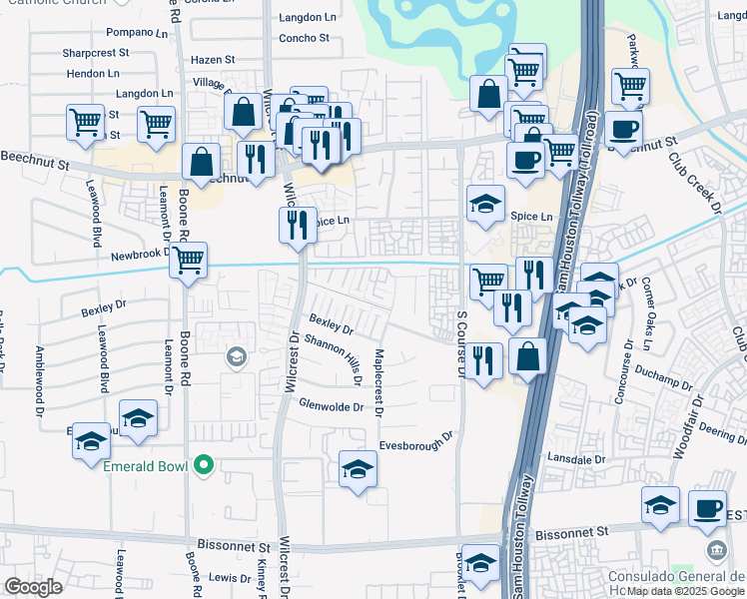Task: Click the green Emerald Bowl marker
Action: pos(205,464)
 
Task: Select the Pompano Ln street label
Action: pos(138,33)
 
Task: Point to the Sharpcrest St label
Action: pos(98,53)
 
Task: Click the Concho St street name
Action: pos(304,38)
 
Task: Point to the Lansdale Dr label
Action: pos(576,458)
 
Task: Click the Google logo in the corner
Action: pos(34,586)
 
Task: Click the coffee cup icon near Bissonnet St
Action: pos(709,508)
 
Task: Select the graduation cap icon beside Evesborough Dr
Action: pos(358,469)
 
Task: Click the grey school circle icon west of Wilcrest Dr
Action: pos(237,356)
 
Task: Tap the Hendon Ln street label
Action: pos(92,74)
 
